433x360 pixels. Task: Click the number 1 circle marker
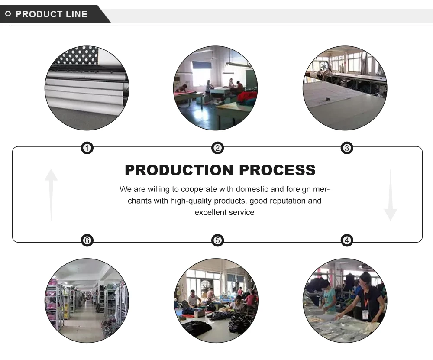[87, 149]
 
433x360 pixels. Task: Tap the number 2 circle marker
[217, 149]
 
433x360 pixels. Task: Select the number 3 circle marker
[347, 149]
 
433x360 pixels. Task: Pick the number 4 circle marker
[347, 240]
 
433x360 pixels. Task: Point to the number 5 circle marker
[217, 240]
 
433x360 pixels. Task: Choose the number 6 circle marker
[87, 240]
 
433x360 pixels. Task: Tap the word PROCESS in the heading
[278, 170]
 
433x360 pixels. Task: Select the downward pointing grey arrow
[390, 195]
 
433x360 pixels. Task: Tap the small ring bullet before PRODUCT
[8, 14]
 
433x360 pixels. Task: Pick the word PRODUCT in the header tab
[39, 14]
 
